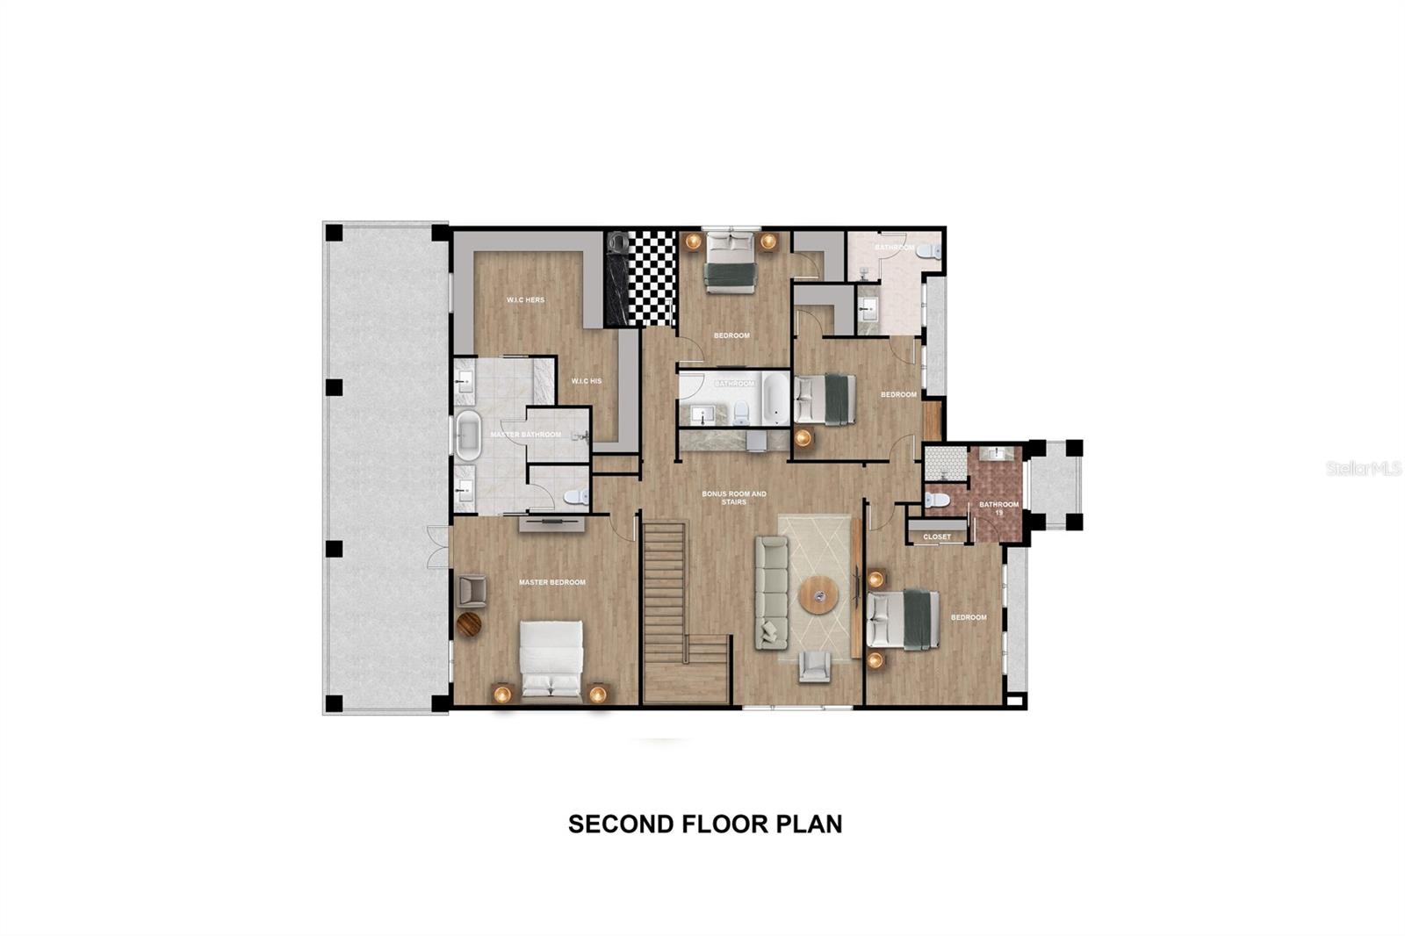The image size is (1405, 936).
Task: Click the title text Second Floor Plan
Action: point(704,824)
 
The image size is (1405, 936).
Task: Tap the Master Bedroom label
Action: point(551,582)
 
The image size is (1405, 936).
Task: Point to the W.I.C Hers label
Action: point(525,300)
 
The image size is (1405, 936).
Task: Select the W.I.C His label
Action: point(587,381)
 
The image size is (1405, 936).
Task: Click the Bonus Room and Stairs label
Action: point(734,498)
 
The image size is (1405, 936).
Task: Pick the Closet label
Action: point(937,536)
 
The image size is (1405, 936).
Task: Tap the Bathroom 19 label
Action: point(998,508)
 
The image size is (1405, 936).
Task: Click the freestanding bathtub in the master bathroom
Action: point(465,435)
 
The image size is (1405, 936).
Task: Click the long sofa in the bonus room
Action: point(771,593)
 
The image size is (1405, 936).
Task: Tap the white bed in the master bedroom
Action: point(551,659)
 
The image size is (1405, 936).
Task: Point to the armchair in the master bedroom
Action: point(472,590)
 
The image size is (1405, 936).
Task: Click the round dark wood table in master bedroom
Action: point(469,624)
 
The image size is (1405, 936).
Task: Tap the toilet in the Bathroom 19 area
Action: point(936,500)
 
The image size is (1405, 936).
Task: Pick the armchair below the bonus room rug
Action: point(814,666)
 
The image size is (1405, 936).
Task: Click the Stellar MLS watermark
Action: point(1363,469)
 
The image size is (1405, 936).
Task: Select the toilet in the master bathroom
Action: point(575,497)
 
